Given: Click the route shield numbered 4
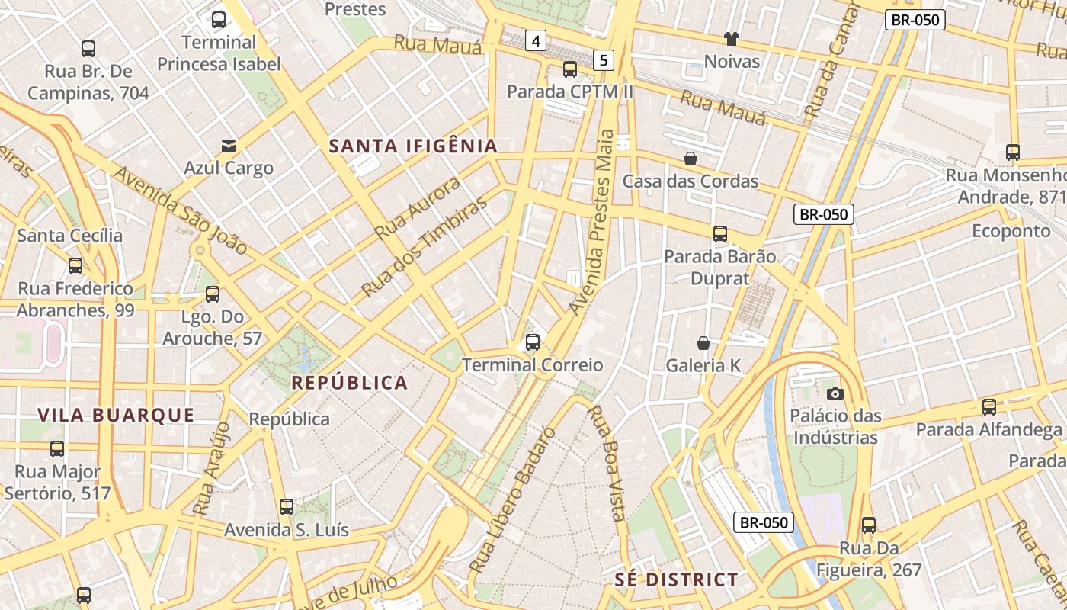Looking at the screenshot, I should click(x=536, y=40).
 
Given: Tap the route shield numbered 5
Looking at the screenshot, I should click(x=604, y=59).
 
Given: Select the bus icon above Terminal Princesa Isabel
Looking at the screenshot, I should click(x=219, y=20).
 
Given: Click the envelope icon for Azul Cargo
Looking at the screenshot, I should click(x=229, y=146).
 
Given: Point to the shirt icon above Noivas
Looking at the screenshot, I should click(x=732, y=39).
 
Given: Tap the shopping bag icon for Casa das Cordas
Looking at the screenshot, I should click(x=691, y=159).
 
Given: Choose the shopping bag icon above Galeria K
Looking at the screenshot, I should click(x=703, y=343).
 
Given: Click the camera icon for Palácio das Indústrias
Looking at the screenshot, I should click(x=835, y=393).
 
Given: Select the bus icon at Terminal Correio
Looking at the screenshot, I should click(x=533, y=342).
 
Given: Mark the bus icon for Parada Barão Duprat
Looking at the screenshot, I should click(x=720, y=234).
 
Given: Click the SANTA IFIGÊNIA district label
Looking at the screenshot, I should click(x=413, y=146).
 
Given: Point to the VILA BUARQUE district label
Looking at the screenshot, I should click(x=116, y=415).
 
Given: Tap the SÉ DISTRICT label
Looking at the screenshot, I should click(x=676, y=579).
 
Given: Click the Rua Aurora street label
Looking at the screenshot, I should click(x=418, y=207).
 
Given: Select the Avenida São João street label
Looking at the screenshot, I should click(x=181, y=210).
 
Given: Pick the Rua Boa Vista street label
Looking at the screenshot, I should click(x=607, y=462).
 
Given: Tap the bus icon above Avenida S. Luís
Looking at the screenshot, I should click(x=287, y=507).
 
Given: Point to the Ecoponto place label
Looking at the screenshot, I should click(x=1011, y=230).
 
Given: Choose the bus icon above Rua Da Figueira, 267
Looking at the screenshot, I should click(x=869, y=525).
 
